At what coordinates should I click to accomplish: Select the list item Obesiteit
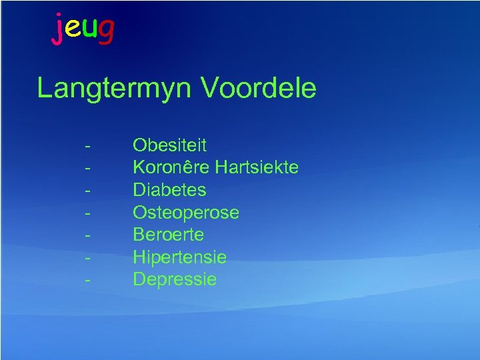tap(169, 145)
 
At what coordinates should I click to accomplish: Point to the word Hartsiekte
tap(257, 167)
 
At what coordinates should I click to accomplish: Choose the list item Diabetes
tap(169, 190)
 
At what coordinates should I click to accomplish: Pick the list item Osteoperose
tap(185, 213)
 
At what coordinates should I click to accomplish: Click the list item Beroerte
tap(168, 235)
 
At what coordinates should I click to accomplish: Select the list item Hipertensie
tap(179, 257)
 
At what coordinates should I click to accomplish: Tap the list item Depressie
tap(175, 279)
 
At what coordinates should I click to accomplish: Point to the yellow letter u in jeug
tap(89, 29)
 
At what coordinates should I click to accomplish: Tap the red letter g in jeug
tap(105, 31)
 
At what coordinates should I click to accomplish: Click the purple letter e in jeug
tap(73, 29)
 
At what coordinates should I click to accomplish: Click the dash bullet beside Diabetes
tap(88, 191)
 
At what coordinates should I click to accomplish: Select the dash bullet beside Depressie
tap(88, 280)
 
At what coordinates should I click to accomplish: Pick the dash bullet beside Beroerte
tap(88, 235)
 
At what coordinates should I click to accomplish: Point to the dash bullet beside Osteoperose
tap(88, 213)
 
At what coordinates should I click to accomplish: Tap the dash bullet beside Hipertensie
tap(88, 258)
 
